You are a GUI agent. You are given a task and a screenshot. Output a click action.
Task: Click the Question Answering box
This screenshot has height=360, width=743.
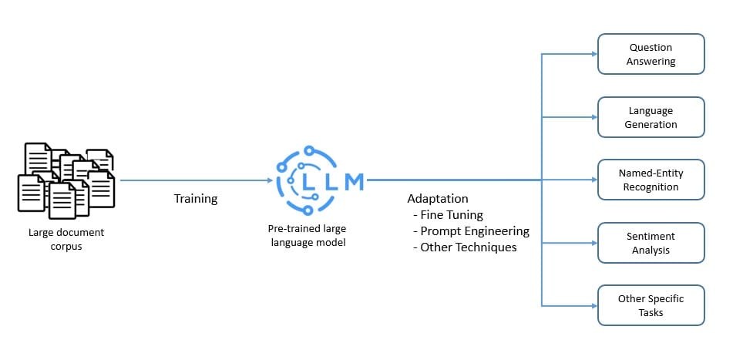(651, 54)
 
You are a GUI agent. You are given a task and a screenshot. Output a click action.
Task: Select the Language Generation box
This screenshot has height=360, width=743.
(651, 117)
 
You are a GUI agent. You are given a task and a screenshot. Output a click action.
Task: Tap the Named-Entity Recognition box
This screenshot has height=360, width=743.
(651, 180)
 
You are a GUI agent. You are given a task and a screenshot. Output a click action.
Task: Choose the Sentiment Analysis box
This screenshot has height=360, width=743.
(651, 243)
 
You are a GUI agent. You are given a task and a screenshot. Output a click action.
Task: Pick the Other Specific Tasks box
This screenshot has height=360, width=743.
(651, 305)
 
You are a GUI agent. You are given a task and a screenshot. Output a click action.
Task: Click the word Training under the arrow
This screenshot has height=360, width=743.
(196, 199)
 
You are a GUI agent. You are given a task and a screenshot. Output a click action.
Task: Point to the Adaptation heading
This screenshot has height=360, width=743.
(438, 199)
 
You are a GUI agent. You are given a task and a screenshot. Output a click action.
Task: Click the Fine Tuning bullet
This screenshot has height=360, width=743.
(449, 215)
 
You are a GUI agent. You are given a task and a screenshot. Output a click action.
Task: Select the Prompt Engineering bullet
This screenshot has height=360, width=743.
(472, 231)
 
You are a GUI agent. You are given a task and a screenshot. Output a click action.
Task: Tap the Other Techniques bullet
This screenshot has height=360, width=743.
(465, 247)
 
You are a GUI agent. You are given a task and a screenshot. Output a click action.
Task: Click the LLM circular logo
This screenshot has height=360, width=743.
(308, 180)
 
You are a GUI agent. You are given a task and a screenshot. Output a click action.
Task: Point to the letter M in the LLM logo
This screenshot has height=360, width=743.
(354, 181)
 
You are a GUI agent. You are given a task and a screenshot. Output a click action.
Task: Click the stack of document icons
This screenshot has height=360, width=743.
(66, 180)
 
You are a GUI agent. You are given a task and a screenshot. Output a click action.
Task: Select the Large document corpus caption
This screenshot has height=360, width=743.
(66, 238)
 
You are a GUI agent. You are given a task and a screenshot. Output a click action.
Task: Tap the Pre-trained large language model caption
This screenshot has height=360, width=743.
(307, 235)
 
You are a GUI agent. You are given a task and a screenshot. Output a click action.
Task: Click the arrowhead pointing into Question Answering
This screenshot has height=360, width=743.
(593, 54)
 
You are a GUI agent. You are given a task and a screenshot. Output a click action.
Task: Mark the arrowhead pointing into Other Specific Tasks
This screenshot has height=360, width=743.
(593, 305)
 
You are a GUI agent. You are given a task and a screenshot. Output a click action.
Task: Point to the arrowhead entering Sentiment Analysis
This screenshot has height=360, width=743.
(593, 243)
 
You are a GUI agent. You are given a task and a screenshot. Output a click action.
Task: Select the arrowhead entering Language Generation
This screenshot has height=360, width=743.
(593, 117)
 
